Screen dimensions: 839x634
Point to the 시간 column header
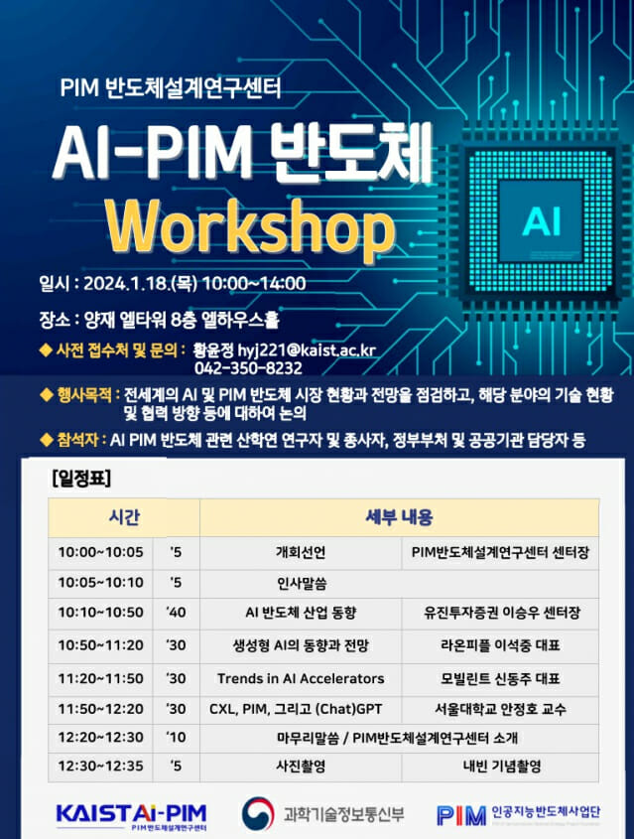(x=124, y=517)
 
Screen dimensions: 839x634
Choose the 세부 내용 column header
(x=399, y=517)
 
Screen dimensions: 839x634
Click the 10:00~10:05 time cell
(x=100, y=552)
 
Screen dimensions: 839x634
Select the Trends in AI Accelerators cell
(x=300, y=678)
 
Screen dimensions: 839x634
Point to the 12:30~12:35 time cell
(x=100, y=766)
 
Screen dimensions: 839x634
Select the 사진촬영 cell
(x=300, y=766)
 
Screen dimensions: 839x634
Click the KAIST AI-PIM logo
(x=131, y=814)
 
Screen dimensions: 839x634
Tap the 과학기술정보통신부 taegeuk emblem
(x=261, y=814)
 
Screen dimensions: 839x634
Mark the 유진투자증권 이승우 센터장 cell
(x=500, y=613)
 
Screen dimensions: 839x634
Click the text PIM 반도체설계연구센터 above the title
(x=171, y=87)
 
